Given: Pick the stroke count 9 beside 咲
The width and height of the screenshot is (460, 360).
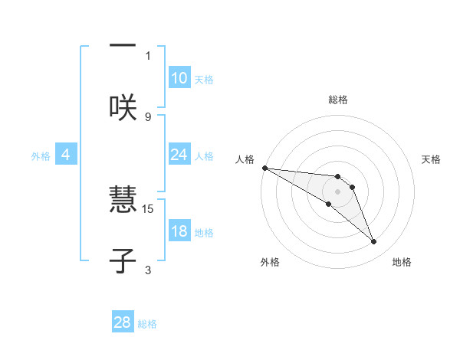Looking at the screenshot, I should pyautogui.click(x=148, y=116).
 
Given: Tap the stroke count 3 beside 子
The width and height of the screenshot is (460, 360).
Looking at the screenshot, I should pyautogui.click(x=148, y=270).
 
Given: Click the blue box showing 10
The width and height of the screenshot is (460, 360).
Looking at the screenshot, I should pyautogui.click(x=179, y=78).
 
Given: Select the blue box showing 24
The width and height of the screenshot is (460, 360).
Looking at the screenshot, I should pyautogui.click(x=179, y=155).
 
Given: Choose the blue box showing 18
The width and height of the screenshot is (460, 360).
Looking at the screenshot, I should pyautogui.click(x=179, y=231).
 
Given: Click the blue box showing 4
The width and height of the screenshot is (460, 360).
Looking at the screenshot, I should pyautogui.click(x=65, y=155).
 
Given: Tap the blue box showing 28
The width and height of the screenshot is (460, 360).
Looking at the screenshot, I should pyautogui.click(x=122, y=322).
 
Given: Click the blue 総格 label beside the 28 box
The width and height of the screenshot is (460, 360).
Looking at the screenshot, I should pyautogui.click(x=147, y=324).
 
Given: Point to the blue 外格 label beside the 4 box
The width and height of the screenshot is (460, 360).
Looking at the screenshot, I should pyautogui.click(x=41, y=156).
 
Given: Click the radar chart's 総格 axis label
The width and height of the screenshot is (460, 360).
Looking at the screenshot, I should pyautogui.click(x=337, y=100).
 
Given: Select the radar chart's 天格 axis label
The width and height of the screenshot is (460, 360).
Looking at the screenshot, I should pyautogui.click(x=431, y=159).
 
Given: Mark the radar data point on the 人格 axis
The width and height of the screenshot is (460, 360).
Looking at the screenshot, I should pyautogui.click(x=264, y=168).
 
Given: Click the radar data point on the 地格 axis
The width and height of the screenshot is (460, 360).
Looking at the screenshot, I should pyautogui.click(x=374, y=242).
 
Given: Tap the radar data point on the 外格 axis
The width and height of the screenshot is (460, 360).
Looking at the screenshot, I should pyautogui.click(x=329, y=204).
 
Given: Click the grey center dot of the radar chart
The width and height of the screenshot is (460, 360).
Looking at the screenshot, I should pyautogui.click(x=337, y=191).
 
